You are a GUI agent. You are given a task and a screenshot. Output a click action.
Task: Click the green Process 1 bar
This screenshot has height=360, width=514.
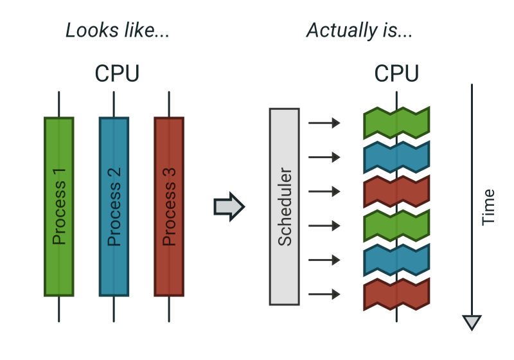(x=59, y=206)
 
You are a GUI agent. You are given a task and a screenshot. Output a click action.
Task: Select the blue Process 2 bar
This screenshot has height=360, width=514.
(x=114, y=206)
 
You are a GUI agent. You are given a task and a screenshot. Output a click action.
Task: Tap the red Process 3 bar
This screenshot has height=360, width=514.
(x=169, y=206)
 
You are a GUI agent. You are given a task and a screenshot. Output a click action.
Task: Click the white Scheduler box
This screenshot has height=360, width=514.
(x=284, y=206)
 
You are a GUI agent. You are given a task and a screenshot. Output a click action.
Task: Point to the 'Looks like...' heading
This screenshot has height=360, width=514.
(x=118, y=30)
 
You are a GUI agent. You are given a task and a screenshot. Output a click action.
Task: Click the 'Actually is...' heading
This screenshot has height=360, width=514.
(x=359, y=30)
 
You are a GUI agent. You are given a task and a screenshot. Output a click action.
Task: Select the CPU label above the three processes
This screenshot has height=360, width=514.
(x=117, y=74)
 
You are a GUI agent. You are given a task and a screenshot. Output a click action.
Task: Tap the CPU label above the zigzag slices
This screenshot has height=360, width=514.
(x=396, y=74)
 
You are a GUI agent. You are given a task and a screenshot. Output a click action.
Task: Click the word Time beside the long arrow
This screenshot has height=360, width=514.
(x=488, y=206)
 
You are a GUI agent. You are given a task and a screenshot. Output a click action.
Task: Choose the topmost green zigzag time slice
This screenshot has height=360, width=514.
(x=396, y=123)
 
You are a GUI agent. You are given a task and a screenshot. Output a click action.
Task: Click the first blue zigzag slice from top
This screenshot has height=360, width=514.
(x=396, y=157)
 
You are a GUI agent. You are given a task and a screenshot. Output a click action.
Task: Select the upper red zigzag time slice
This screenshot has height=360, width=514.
(x=396, y=192)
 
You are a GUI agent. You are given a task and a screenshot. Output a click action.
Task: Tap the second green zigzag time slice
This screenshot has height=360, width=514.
(x=396, y=226)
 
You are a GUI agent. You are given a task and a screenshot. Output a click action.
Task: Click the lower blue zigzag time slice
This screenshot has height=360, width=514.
(x=396, y=260)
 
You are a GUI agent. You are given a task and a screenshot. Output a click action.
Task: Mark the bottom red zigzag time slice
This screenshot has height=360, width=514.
(x=396, y=295)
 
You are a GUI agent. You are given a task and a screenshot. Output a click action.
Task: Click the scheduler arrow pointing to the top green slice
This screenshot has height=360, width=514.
(x=324, y=123)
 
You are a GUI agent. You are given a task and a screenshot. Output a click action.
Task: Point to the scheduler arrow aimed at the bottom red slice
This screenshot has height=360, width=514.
(x=324, y=295)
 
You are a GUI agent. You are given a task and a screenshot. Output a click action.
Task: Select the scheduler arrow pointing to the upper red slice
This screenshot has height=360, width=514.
(x=324, y=192)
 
